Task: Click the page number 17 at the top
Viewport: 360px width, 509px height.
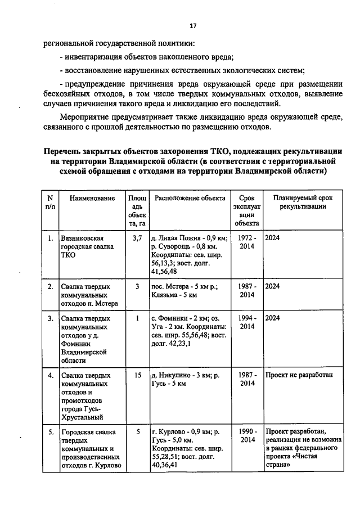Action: coord(193,26)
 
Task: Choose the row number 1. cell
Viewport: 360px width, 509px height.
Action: coord(51,238)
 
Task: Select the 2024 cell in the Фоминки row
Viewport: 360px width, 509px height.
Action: coord(273,318)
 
